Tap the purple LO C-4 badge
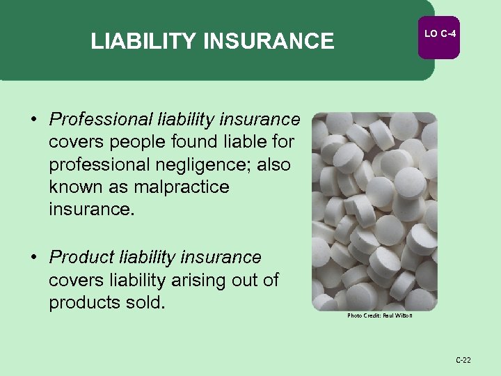[x=438, y=34]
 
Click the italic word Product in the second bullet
[x=78, y=258]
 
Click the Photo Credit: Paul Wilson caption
[x=380, y=315]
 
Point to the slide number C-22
[x=463, y=360]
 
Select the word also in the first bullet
[x=273, y=164]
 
